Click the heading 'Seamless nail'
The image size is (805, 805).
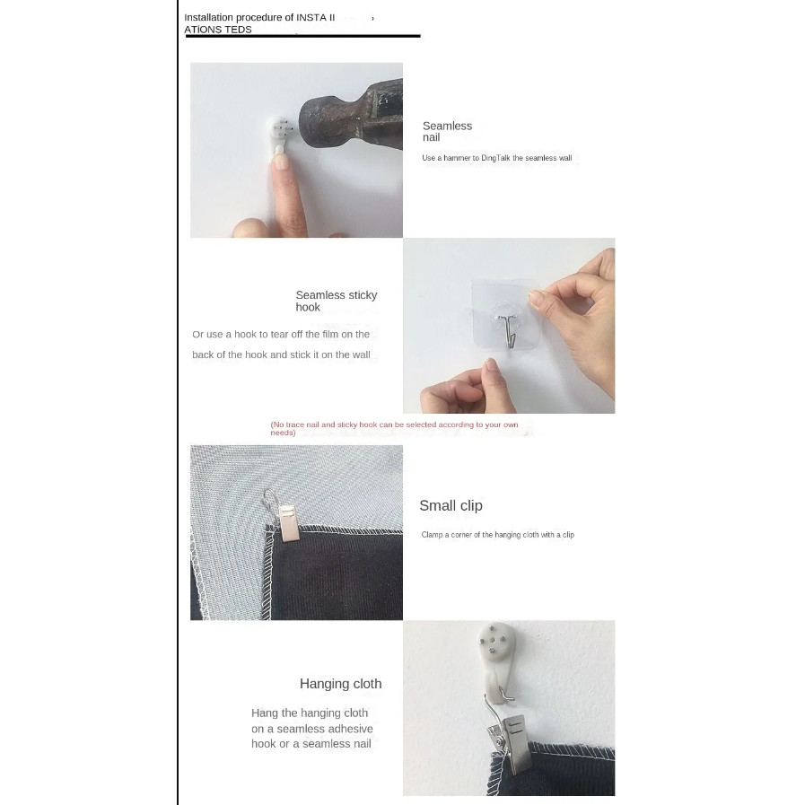[447, 131]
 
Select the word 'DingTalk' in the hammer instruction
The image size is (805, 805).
[495, 158]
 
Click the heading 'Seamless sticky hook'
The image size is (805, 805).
[337, 301]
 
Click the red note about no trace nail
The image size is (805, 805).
[394, 428]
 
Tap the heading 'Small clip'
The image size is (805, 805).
[451, 505]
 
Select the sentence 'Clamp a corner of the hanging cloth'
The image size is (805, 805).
[480, 535]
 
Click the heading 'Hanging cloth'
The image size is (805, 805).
[340, 684]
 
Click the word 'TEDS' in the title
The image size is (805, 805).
[238, 30]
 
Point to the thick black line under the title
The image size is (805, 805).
[303, 36]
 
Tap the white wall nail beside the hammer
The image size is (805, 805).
[279, 135]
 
